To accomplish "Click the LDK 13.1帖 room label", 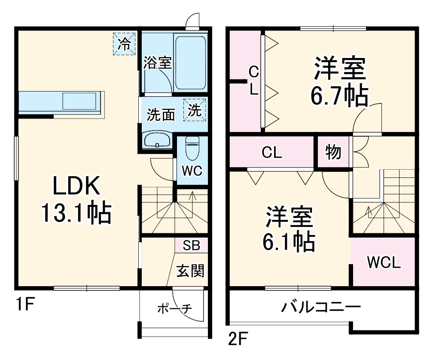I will [x=76, y=200].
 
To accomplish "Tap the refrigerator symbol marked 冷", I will [x=124, y=44].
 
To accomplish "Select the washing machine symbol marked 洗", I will [x=195, y=110].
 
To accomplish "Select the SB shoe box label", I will [x=191, y=245].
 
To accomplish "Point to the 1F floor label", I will [x=25, y=305].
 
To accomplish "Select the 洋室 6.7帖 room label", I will [x=339, y=82].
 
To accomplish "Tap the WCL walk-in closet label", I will [x=383, y=262].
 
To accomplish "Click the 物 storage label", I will [x=333, y=152].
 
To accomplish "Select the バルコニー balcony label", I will [x=320, y=308].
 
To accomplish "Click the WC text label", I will [x=191, y=171].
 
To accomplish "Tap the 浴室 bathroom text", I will [x=157, y=63].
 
